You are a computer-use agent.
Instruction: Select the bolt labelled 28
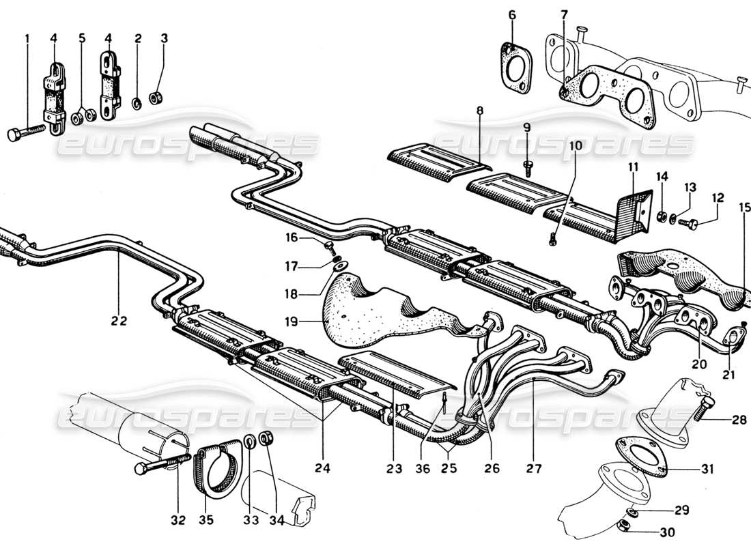[x=703, y=411]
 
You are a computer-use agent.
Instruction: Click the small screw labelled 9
[x=528, y=164]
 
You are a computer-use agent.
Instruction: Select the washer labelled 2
[x=137, y=102]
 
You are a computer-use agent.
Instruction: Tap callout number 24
[x=322, y=468]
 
